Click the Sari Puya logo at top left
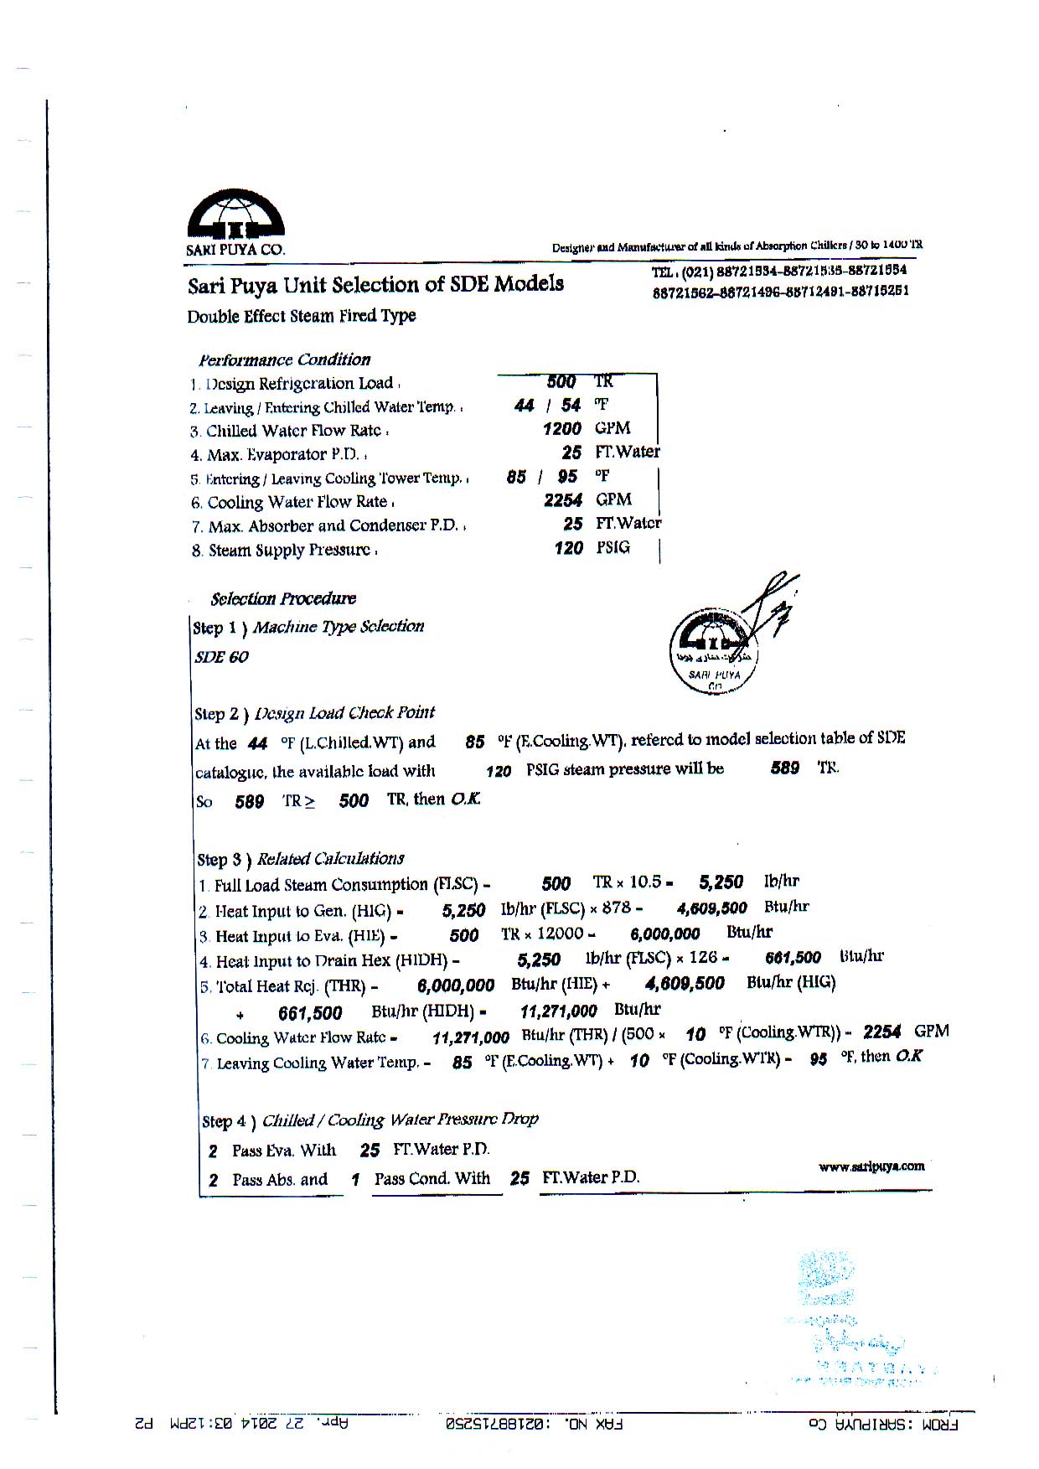pyautogui.click(x=235, y=215)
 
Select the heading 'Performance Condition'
pyautogui.click(x=284, y=360)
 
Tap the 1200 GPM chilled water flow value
pyautogui.click(x=561, y=429)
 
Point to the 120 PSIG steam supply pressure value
pyautogui.click(x=569, y=548)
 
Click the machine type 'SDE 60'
pyautogui.click(x=221, y=657)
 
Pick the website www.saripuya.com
pyautogui.click(x=871, y=1166)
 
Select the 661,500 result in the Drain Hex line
pyautogui.click(x=793, y=958)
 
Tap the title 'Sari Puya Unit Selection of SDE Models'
pyautogui.click(x=375, y=285)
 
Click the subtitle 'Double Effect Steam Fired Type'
pyautogui.click(x=302, y=316)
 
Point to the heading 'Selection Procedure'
pyautogui.click(x=283, y=598)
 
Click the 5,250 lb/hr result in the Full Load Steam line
pyautogui.click(x=721, y=882)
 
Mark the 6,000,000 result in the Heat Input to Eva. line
pyautogui.click(x=664, y=934)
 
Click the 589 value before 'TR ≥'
pyautogui.click(x=249, y=802)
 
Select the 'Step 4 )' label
pyautogui.click(x=229, y=1121)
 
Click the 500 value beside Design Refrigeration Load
pyautogui.click(x=561, y=382)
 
